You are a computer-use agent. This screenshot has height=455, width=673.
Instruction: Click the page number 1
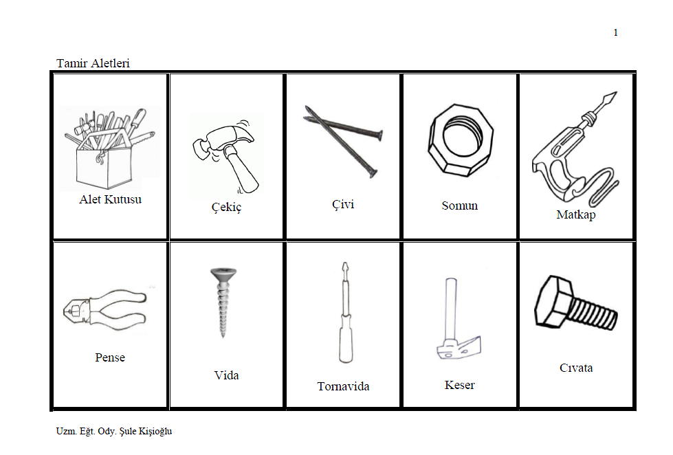pos(615,32)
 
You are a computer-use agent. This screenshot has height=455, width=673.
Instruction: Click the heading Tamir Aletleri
pos(93,63)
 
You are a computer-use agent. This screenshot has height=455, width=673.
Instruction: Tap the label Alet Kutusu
pos(110,199)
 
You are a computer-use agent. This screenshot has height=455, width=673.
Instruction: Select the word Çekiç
pos(227,207)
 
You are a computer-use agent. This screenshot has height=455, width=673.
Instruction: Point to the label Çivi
pos(343,204)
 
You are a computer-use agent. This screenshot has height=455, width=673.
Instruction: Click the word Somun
pos(460,206)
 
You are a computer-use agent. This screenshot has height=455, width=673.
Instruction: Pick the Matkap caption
pos(576,214)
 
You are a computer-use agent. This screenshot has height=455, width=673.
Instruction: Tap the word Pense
pos(110,357)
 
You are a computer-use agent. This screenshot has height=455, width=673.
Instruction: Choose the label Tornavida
pos(343,386)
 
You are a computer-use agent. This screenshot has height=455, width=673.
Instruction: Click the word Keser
pos(460,385)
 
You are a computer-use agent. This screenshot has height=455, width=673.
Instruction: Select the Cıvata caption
pos(576,368)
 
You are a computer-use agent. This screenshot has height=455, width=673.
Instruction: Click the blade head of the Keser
pos(459,348)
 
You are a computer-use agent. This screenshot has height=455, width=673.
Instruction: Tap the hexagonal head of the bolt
pos(553,302)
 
